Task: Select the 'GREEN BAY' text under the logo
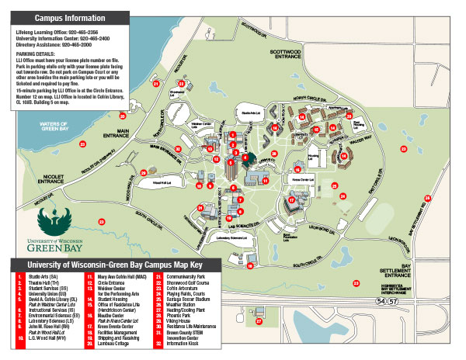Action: coord(57,249)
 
